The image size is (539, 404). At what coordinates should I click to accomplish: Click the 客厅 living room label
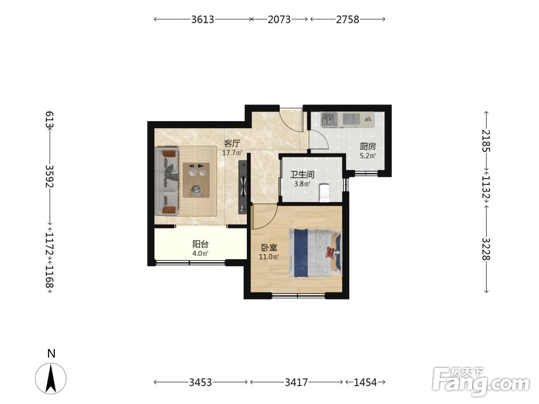click(x=232, y=143)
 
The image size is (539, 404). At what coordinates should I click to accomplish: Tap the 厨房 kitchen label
click(x=368, y=147)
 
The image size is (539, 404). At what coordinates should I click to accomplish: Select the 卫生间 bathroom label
click(x=302, y=175)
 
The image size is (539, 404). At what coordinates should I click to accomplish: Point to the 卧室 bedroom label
click(x=269, y=247)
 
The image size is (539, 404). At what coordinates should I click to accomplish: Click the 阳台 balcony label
click(x=201, y=244)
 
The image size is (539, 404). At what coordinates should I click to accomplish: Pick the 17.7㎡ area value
click(x=232, y=153)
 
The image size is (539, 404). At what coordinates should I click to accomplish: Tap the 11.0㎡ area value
click(x=269, y=256)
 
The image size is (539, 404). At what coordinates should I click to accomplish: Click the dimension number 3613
click(x=203, y=19)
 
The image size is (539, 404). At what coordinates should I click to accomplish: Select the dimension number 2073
click(x=279, y=19)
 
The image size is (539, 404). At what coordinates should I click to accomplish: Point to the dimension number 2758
click(x=348, y=19)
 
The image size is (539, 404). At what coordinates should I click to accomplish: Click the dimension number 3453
click(x=201, y=382)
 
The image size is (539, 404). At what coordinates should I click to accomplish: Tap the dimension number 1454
click(x=365, y=382)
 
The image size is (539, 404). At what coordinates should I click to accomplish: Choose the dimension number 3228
click(x=486, y=249)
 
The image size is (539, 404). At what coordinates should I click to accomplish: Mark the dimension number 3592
click(x=50, y=176)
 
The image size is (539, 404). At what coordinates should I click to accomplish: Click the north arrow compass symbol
click(x=51, y=378)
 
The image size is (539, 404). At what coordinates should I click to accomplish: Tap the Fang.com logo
click(x=481, y=381)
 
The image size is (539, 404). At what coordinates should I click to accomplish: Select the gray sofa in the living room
click(x=167, y=181)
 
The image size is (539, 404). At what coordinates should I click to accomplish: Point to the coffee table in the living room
click(x=196, y=180)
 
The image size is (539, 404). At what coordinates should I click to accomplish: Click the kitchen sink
click(x=329, y=119)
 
